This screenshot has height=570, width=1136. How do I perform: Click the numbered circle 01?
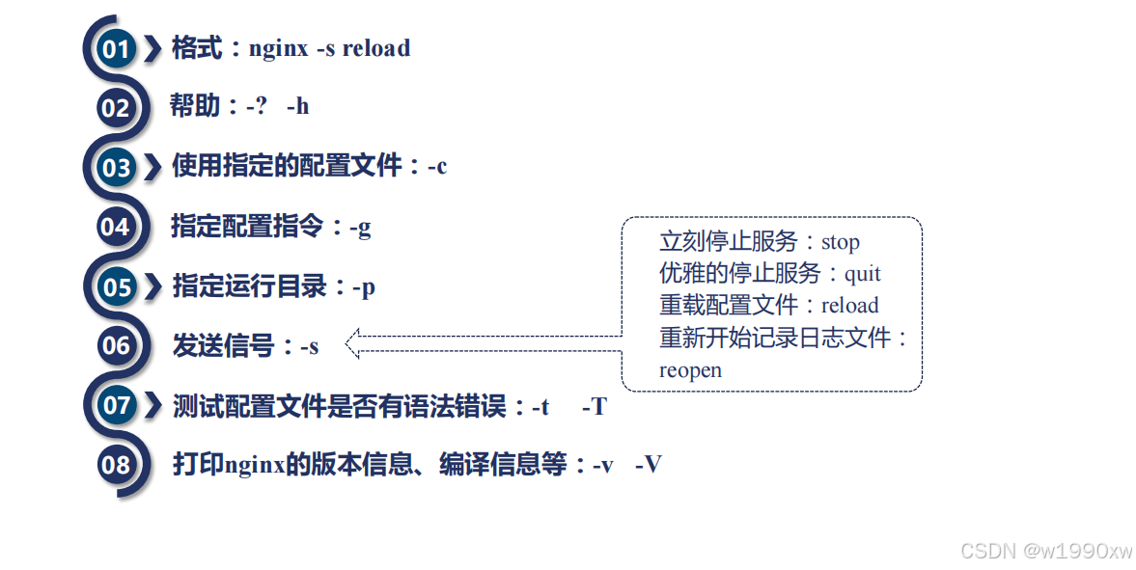pos(116,48)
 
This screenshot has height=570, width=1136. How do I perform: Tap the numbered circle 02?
pos(115,107)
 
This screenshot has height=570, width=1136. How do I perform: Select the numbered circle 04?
pos(115,228)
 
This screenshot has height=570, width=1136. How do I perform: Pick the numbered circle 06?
pos(115,345)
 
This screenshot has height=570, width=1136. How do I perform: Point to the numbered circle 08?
pos(115,465)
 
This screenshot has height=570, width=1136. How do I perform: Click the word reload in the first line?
pos(375,48)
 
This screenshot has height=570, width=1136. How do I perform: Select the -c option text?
pos(437,167)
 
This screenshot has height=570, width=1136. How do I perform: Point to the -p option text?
pos(364,287)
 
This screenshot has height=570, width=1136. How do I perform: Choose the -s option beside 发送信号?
pos(308,346)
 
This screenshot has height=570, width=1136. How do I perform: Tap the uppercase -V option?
pos(649,465)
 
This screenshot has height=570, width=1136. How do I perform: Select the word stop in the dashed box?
pos(840,241)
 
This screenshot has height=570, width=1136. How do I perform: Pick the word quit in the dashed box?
pos(862,274)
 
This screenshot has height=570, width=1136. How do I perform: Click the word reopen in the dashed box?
pos(690,370)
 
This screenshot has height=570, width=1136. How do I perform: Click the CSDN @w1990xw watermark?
pos(1046,551)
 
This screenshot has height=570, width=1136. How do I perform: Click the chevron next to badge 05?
pos(152,287)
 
